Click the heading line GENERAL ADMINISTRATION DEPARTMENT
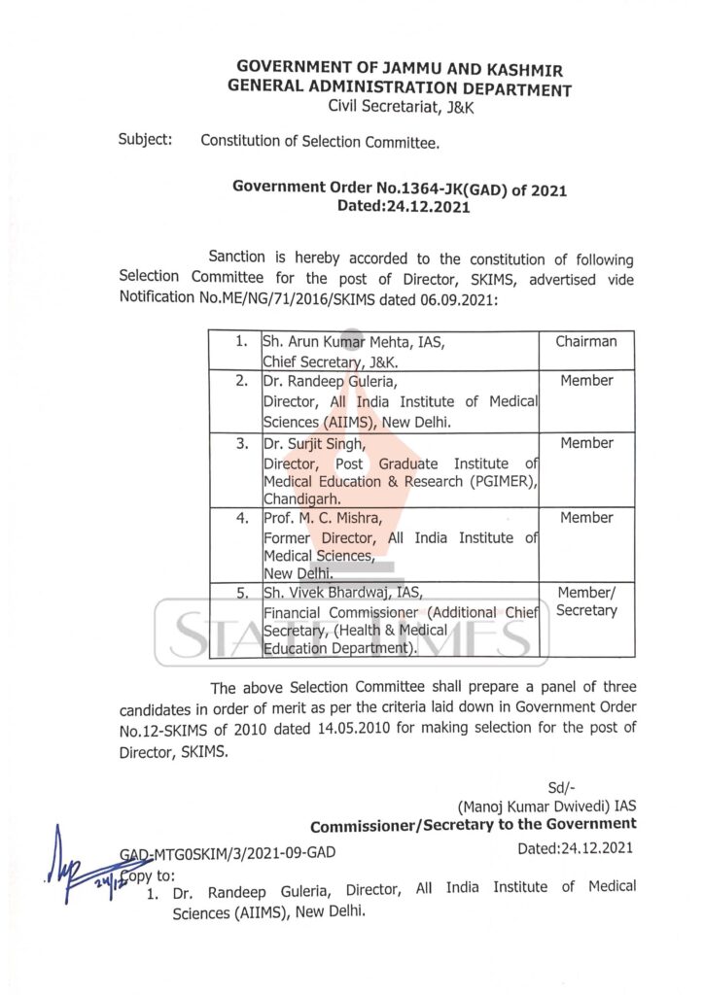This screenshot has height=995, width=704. pos(400,88)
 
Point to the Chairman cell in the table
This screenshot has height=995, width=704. pos(586,342)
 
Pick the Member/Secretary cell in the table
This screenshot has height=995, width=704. pos(586,601)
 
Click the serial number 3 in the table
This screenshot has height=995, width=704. pos(241,444)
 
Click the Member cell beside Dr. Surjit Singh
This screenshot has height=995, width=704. pos(586,443)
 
